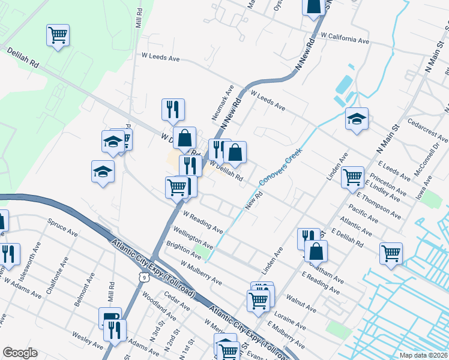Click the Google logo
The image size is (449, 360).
(20, 353)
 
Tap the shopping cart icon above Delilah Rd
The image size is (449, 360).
(58, 35)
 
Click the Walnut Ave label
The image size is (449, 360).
(301, 302)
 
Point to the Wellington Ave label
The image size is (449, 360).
(193, 238)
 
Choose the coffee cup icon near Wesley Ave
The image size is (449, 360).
(110, 318)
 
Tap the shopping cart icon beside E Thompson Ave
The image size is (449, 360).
(352, 177)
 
